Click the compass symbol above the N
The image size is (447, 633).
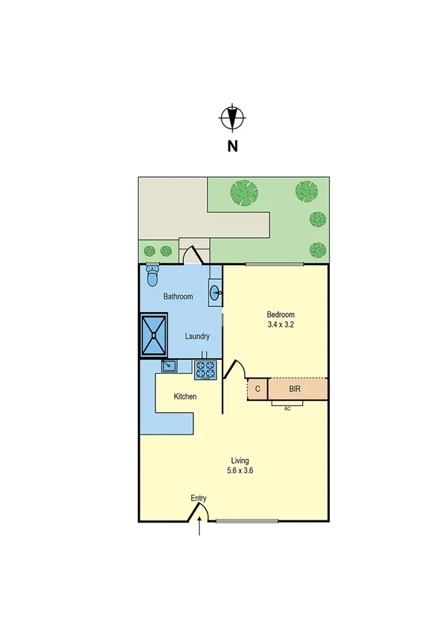[232, 118]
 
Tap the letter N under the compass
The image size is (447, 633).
[232, 146]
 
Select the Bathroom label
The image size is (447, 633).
[178, 296]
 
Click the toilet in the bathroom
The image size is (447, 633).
[153, 276]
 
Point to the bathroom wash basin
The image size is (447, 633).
[215, 293]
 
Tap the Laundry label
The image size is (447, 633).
[198, 337]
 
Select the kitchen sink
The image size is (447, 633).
[169, 366]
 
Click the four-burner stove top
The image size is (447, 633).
[205, 369]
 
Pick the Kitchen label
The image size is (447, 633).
[185, 396]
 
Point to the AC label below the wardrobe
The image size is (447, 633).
[287, 408]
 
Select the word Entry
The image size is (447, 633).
[199, 499]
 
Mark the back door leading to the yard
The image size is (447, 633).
[193, 255]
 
